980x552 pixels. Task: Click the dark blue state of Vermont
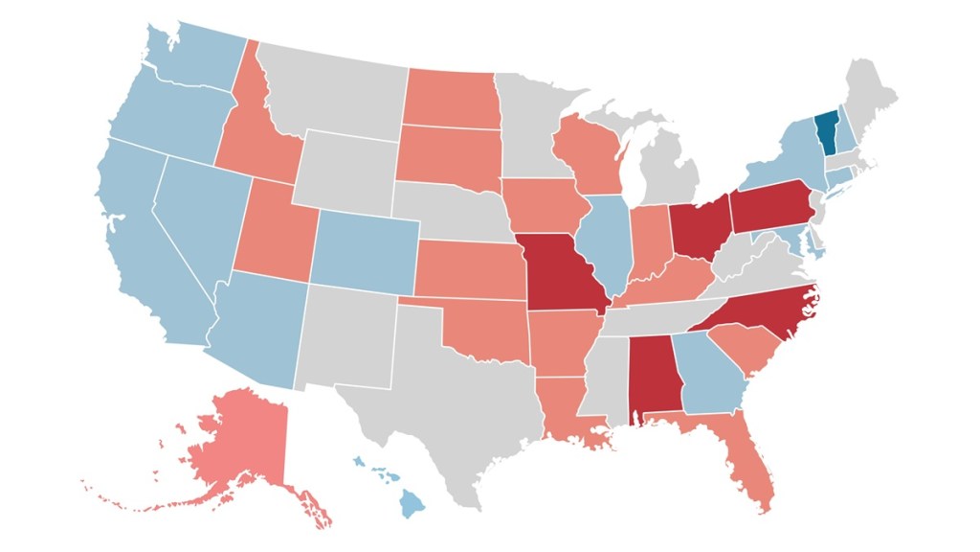pos(826,131)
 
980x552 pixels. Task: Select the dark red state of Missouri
pos(561,273)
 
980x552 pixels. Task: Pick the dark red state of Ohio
pos(697,226)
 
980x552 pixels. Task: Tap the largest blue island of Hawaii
pos(412,501)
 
